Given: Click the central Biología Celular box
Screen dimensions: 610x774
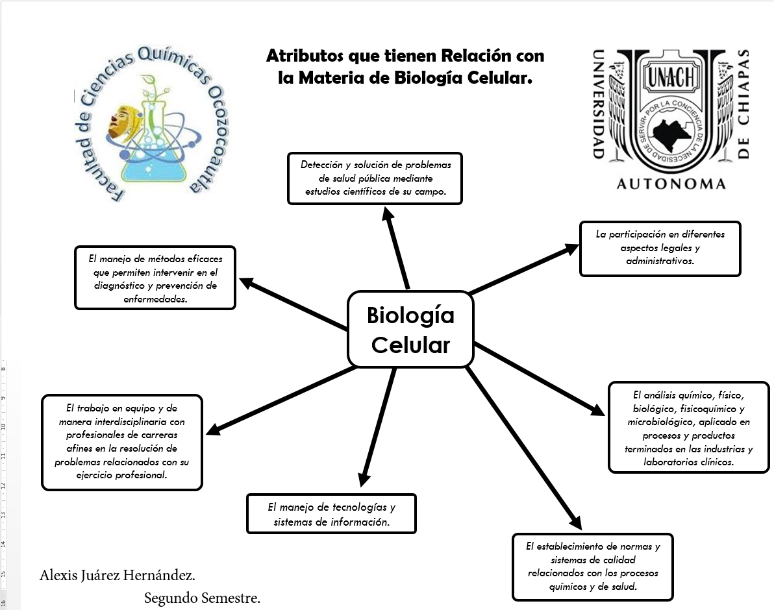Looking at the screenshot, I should click(x=410, y=329).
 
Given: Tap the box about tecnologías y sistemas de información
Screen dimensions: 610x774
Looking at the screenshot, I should click(x=331, y=514).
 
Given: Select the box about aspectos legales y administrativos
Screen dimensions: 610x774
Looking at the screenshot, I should click(x=660, y=249).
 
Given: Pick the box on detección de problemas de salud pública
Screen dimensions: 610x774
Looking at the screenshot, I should click(x=375, y=178).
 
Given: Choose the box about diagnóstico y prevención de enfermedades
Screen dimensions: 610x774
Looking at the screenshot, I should click(x=155, y=277).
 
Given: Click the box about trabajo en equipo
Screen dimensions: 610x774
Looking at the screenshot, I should click(x=121, y=441).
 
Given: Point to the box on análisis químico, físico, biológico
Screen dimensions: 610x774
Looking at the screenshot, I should click(x=688, y=428).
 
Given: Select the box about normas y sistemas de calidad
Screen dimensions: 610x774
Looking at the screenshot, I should click(x=592, y=567).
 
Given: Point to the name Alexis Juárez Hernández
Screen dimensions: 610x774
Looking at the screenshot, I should click(x=118, y=576).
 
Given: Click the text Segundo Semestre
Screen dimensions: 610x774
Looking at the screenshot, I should click(x=202, y=598).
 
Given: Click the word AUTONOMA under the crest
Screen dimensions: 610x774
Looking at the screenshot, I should click(x=670, y=184).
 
